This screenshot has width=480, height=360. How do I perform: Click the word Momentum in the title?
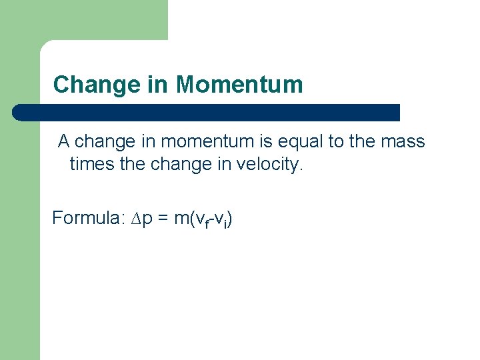[x=239, y=85]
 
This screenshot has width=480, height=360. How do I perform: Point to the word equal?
[x=313, y=141]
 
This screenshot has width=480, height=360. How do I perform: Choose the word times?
[x=92, y=164]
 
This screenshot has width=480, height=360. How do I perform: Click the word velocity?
[x=269, y=164]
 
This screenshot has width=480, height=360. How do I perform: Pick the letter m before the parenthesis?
[x=179, y=219]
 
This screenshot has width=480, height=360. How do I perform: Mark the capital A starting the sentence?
[x=64, y=141]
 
